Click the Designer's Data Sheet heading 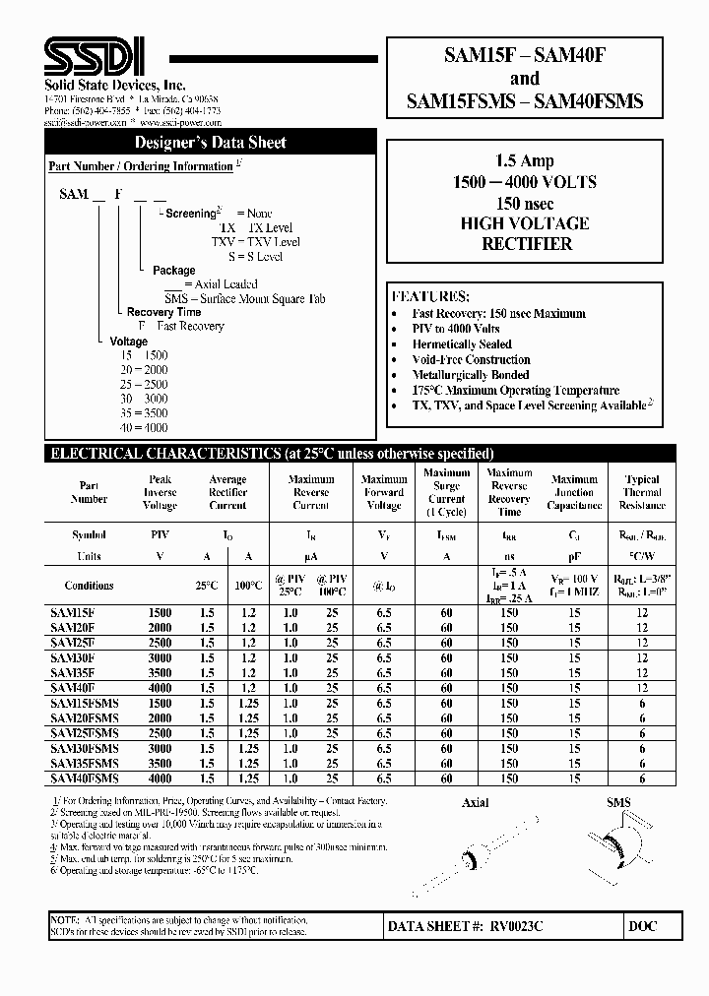coord(210,143)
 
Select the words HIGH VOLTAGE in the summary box coord(524,223)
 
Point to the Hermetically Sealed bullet coord(462,344)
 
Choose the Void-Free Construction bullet coord(471,360)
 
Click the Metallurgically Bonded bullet coord(470,375)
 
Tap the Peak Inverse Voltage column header coord(160,493)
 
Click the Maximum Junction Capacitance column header coord(574,493)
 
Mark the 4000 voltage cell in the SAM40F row coord(160,688)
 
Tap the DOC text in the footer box coord(642,927)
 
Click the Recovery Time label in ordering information coord(163,312)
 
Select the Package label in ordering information coord(173,270)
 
